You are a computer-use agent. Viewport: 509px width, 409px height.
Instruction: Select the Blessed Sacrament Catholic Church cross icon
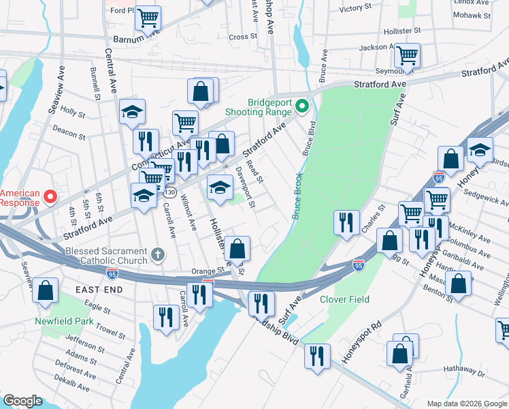158,254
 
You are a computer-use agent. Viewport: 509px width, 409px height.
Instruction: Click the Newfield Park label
65,321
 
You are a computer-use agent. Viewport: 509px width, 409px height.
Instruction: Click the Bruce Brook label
297,196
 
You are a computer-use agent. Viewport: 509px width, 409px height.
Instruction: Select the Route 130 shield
171,192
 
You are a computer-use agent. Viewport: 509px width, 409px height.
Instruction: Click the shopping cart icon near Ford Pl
148,18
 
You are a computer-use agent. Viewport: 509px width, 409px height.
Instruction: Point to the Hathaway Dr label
463,374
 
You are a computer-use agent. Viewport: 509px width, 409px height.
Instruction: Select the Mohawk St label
472,14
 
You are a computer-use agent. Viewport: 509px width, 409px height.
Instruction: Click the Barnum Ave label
136,40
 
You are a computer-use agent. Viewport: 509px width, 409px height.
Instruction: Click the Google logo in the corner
22,401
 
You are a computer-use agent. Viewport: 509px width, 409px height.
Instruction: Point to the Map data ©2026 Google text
466,404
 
